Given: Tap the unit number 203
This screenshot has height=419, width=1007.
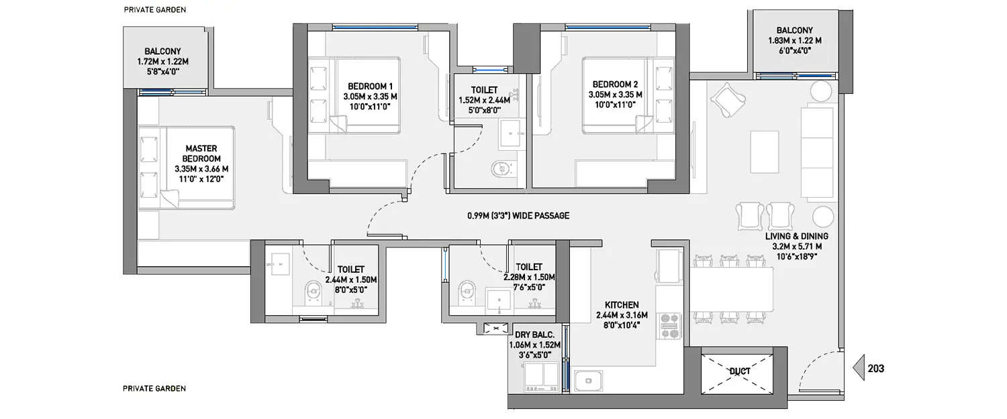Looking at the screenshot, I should [875, 369].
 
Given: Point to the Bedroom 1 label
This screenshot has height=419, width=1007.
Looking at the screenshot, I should [370, 95].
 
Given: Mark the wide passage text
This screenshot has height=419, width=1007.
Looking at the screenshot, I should [518, 216].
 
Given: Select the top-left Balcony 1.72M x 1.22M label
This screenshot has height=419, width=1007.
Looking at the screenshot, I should [162, 62].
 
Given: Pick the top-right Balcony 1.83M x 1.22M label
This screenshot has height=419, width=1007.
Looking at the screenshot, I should [794, 40].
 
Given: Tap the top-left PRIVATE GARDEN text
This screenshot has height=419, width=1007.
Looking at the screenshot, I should [155, 10].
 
